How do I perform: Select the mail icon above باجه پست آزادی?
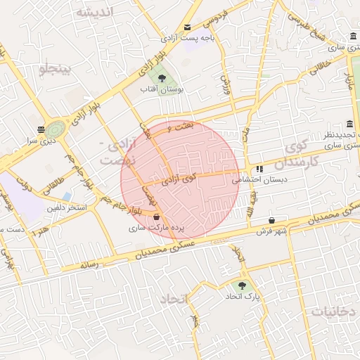tap(188, 27)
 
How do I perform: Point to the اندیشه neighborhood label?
tap(95, 13)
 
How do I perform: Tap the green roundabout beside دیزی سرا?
tap(56, 129)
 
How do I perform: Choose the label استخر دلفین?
tap(67, 207)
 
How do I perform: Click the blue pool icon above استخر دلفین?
tap(67, 195)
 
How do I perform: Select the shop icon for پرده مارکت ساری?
tap(156, 217)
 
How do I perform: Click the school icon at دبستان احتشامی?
tap(259, 169)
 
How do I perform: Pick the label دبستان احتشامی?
tap(260, 180)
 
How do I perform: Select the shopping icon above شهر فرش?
tap(271, 220)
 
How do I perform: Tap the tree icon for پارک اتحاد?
tap(243, 286)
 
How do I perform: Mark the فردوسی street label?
tap(214, 17)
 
